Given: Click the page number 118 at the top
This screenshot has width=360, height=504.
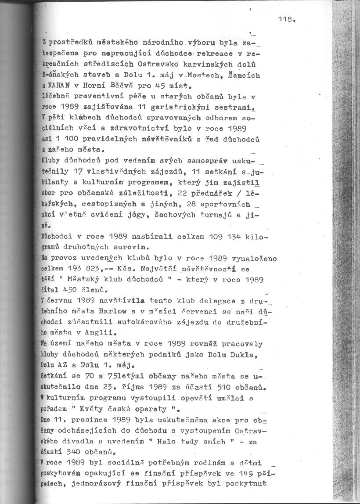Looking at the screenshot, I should click(286, 19).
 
